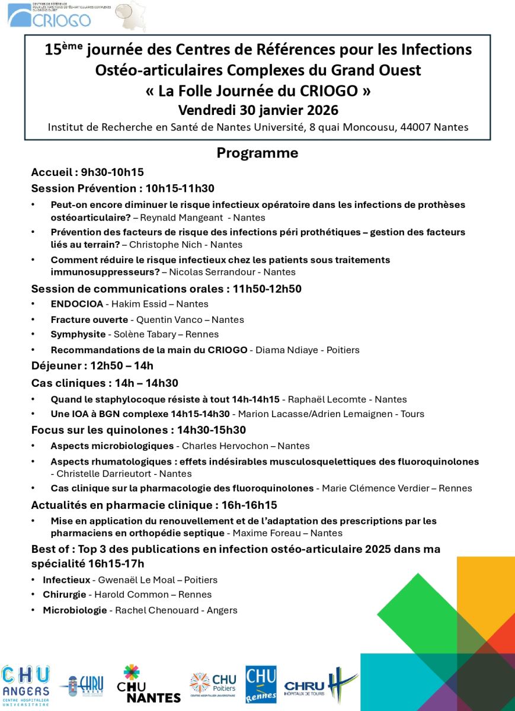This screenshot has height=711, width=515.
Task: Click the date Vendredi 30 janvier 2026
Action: click(x=258, y=110)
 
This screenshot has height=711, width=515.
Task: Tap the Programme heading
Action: click(x=257, y=153)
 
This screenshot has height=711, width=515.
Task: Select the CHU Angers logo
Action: click(x=25, y=684)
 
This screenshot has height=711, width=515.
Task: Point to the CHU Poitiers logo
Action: click(x=213, y=685)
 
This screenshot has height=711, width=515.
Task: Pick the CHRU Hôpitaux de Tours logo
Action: click(x=321, y=686)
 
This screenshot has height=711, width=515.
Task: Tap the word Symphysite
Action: click(x=78, y=334)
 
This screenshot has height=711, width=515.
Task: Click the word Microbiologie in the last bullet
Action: click(x=75, y=610)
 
